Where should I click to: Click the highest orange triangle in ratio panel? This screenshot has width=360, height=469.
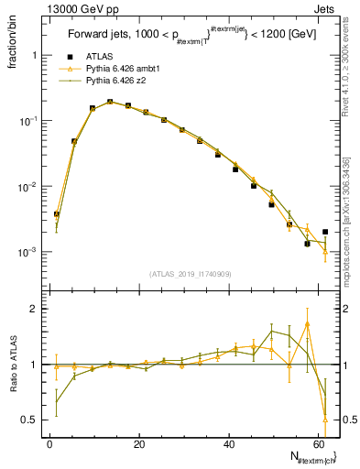(x=307, y=323)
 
